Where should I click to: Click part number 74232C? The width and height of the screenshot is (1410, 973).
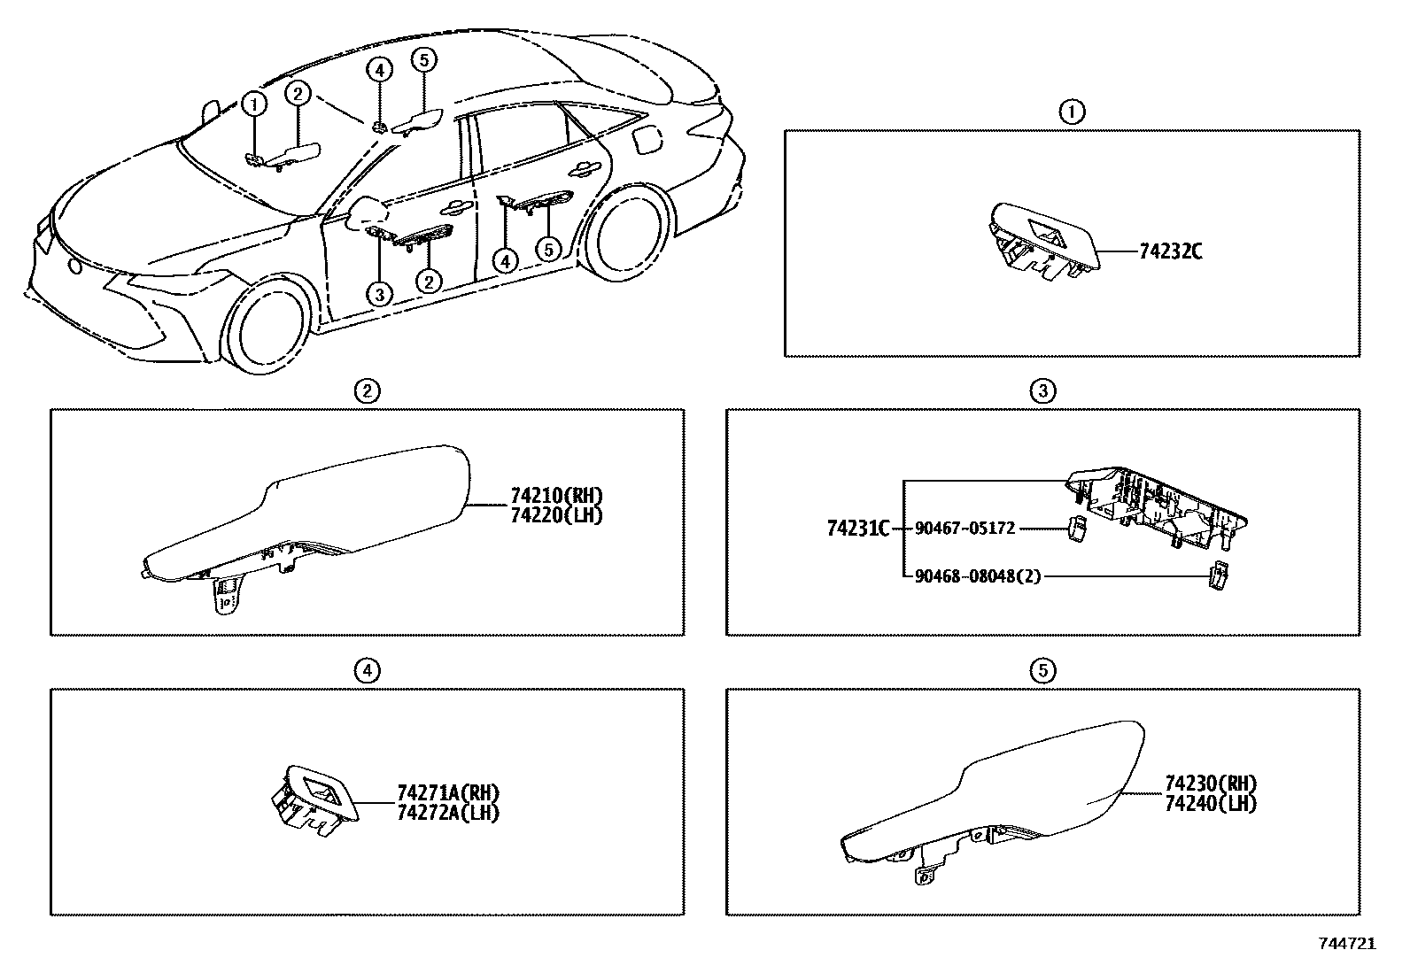(x=1170, y=251)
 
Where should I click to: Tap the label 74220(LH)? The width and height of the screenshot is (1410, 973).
(x=556, y=515)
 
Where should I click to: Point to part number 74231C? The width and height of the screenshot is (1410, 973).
(x=856, y=529)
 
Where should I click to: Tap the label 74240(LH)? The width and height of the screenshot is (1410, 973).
(x=1211, y=804)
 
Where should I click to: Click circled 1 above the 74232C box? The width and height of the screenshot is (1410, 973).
(x=1072, y=112)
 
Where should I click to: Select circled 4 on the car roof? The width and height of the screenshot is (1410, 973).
(x=378, y=69)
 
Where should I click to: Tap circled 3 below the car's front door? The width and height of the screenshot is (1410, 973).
(x=379, y=295)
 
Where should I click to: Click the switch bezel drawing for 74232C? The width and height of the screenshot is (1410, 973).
(x=1042, y=237)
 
